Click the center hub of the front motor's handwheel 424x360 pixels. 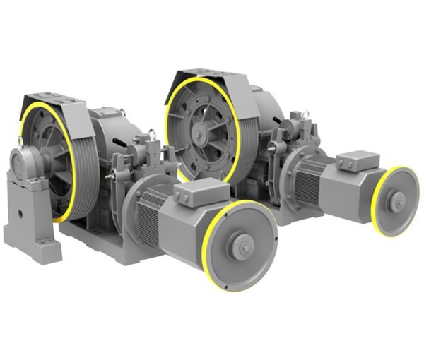(x=243, y=246)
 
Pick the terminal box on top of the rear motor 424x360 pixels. (x=358, y=160)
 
